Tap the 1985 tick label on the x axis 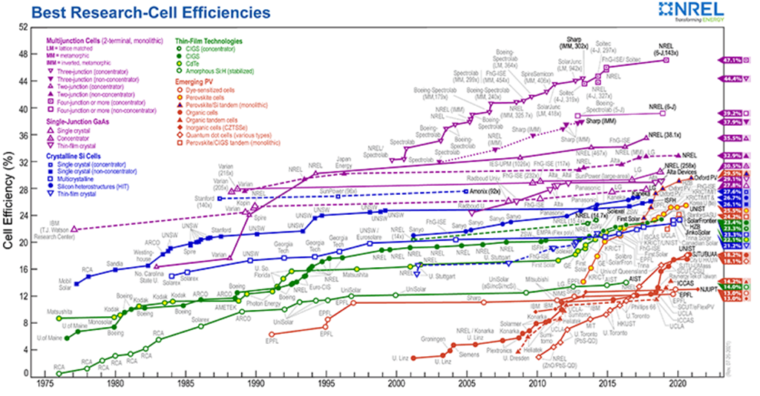click(x=186, y=385)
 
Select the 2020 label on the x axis click(x=678, y=385)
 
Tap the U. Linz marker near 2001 click(x=413, y=357)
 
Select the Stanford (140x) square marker click(x=220, y=199)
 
